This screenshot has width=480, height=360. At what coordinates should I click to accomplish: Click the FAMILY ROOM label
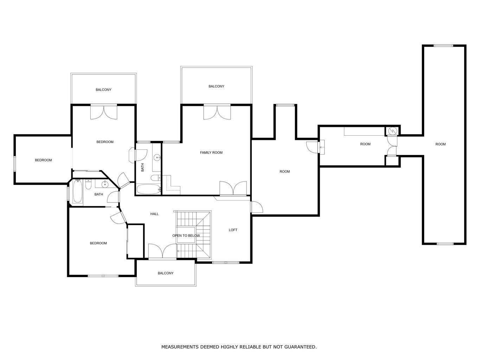pyautogui.click(x=211, y=153)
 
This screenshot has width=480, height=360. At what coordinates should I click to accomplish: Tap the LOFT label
pyautogui.click(x=233, y=230)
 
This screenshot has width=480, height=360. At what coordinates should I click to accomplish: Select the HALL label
pyautogui.click(x=154, y=214)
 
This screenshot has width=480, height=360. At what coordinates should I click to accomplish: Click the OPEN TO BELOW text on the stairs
pyautogui.click(x=186, y=236)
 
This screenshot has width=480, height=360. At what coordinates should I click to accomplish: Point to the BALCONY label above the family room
pyautogui.click(x=216, y=86)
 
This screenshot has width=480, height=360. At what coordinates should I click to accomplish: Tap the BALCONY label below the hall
pyautogui.click(x=166, y=273)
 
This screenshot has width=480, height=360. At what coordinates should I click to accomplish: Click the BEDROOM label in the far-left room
pyautogui.click(x=43, y=160)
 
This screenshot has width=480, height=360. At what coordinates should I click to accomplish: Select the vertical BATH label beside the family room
pyautogui.click(x=142, y=167)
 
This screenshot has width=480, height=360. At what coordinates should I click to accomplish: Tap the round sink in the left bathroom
pyautogui.click(x=105, y=184)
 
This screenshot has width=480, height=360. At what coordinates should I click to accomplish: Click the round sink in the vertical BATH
pyautogui.click(x=157, y=157)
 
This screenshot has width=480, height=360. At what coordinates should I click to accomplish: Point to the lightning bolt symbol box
pyautogui.click(x=392, y=131)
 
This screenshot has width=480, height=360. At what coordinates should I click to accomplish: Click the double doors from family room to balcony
pyautogui.click(x=217, y=112)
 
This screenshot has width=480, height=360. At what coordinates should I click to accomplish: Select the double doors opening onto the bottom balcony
pyautogui.click(x=162, y=251)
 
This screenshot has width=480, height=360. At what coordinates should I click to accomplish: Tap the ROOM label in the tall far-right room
pyautogui.click(x=440, y=144)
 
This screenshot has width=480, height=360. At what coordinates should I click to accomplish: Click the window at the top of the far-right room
pyautogui.click(x=443, y=45)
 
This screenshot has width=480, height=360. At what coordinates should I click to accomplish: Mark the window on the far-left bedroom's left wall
pyautogui.click(x=15, y=164)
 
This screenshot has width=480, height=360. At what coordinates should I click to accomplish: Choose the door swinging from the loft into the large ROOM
pyautogui.click(x=256, y=207)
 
